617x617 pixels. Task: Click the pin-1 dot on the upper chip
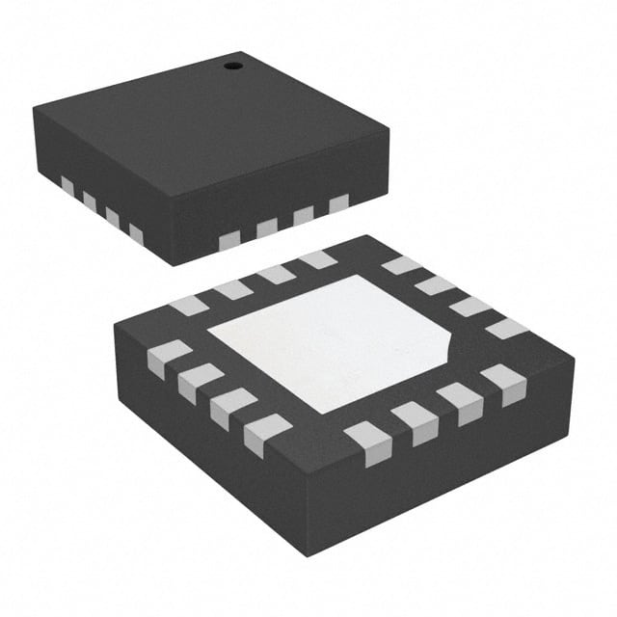tap(231, 66)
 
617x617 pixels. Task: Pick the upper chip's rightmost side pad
tap(338, 204)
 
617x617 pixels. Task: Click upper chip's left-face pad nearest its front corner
tap(136, 234)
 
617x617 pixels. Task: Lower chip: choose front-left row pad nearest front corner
tap(267, 435)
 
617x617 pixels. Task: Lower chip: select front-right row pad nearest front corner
tap(368, 443)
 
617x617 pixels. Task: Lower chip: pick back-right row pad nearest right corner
tap(506, 329)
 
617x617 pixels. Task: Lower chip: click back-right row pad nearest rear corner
tap(401, 265)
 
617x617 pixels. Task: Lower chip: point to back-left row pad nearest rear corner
tap(317, 259)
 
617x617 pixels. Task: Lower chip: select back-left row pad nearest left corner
tap(189, 306)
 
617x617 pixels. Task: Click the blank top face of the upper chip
tap(212, 125)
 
